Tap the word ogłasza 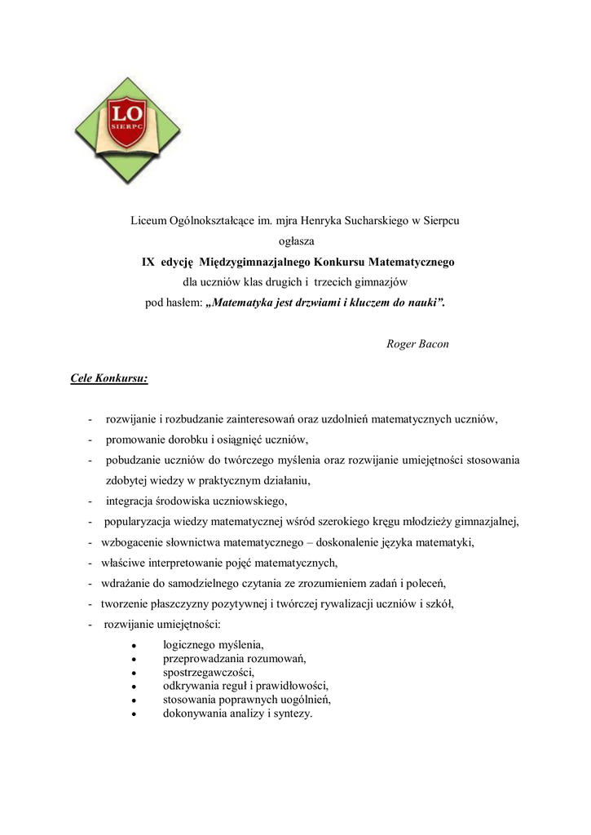pyautogui.click(x=296, y=241)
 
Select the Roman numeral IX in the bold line pyautogui.click(x=148, y=263)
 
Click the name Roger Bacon pyautogui.click(x=417, y=344)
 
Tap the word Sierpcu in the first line pyautogui.click(x=441, y=220)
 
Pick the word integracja pyautogui.click(x=132, y=501)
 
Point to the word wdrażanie pyautogui.click(x=128, y=584)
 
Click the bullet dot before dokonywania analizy pyautogui.click(x=133, y=714)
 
